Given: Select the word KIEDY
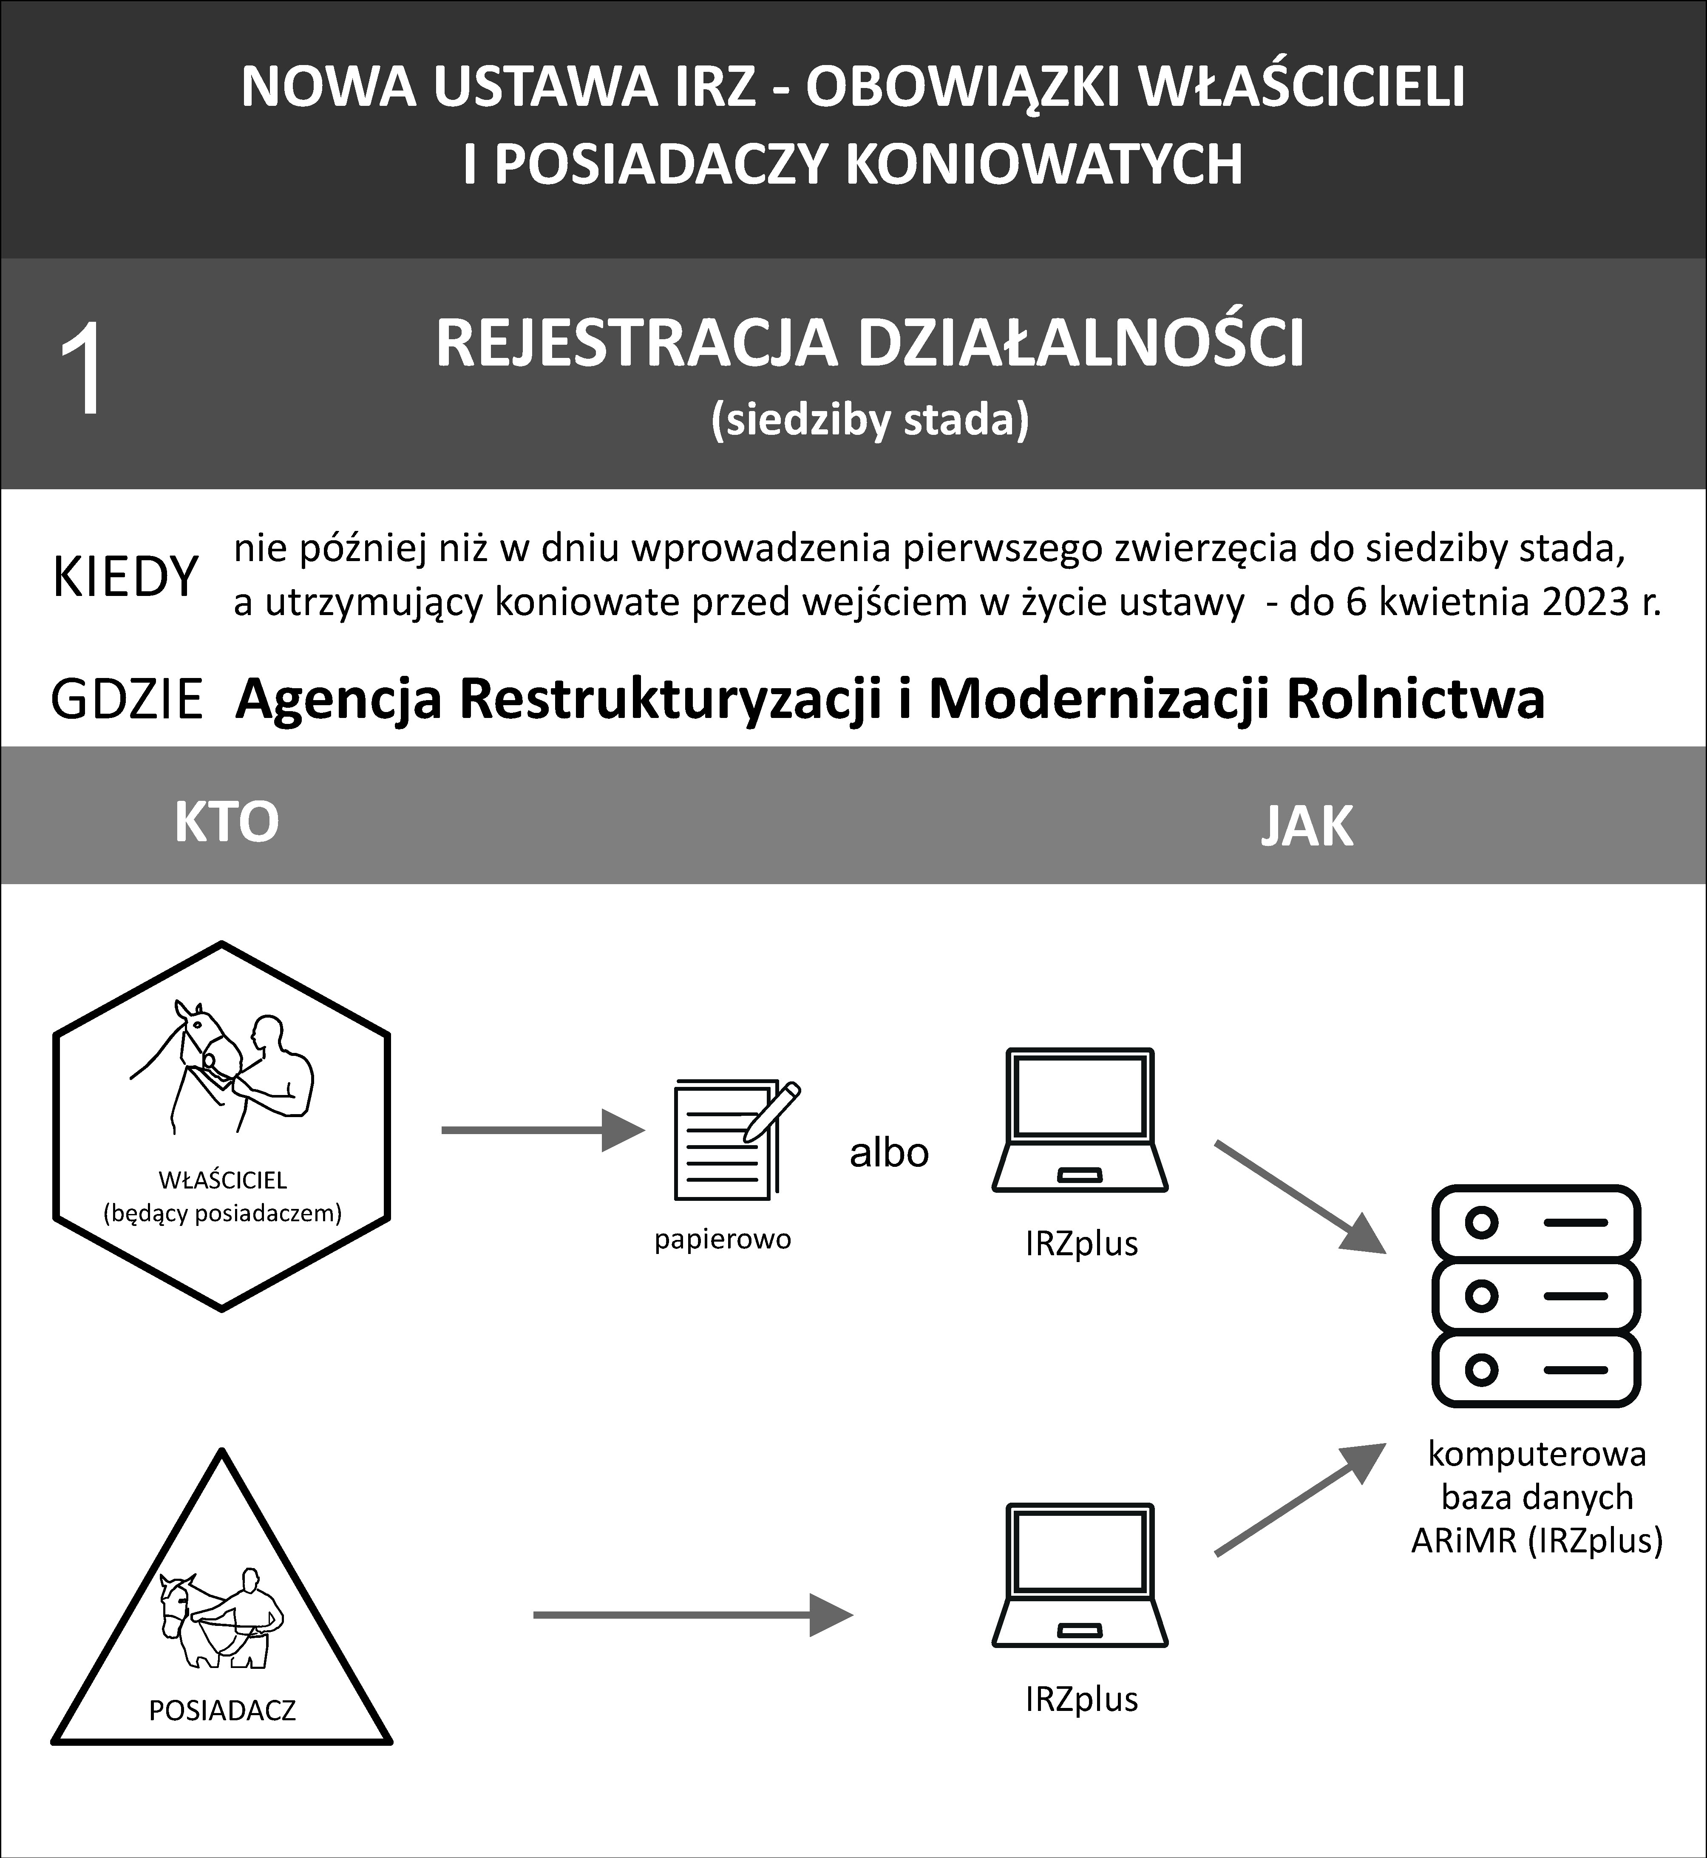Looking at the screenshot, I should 126,577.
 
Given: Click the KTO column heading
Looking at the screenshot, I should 226,822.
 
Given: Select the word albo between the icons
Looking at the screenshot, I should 889,1153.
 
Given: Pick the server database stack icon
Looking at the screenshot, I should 1535,1295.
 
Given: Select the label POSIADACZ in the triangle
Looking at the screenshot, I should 222,1710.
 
